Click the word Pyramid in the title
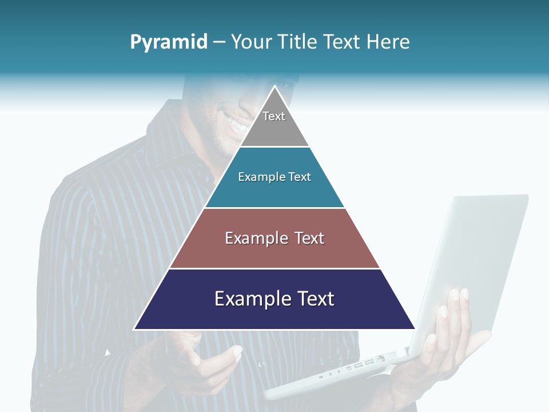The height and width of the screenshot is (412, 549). tap(169, 42)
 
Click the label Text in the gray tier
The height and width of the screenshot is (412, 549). tap(274, 117)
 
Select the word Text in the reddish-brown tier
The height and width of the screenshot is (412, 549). tap(309, 238)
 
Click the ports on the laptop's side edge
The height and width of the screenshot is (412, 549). tap(360, 365)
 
